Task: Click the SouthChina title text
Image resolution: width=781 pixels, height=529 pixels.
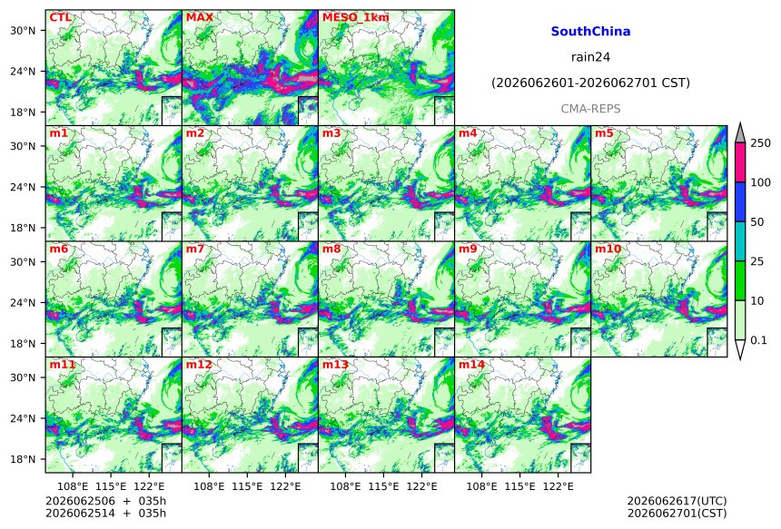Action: coord(590,32)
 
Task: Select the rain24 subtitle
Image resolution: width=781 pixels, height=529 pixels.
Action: coord(590,57)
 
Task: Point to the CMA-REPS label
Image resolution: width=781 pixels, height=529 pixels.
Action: coord(590,109)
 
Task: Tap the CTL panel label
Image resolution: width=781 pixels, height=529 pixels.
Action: coord(60,18)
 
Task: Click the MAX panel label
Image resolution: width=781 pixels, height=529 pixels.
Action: coord(199,18)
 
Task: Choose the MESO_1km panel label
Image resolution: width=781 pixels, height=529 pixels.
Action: coord(356,18)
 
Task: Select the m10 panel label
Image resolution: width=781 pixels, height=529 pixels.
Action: coord(608,249)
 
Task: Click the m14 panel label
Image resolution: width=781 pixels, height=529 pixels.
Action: coord(471,365)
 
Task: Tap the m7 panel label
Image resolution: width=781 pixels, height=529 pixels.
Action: coord(195,249)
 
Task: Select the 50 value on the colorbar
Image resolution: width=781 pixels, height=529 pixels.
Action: coord(757,222)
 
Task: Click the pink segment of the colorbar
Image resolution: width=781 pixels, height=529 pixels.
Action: coord(739,162)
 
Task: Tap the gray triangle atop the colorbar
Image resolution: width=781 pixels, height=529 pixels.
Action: coord(739,132)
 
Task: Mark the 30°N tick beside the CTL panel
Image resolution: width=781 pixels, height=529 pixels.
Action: coord(23,31)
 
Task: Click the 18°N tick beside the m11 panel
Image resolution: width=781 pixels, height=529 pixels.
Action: coord(23,459)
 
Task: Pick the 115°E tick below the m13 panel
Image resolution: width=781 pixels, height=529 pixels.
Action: coord(383,486)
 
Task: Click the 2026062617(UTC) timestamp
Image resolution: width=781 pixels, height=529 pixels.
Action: coord(677,501)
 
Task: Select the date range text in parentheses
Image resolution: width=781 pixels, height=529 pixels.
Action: coord(590,83)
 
